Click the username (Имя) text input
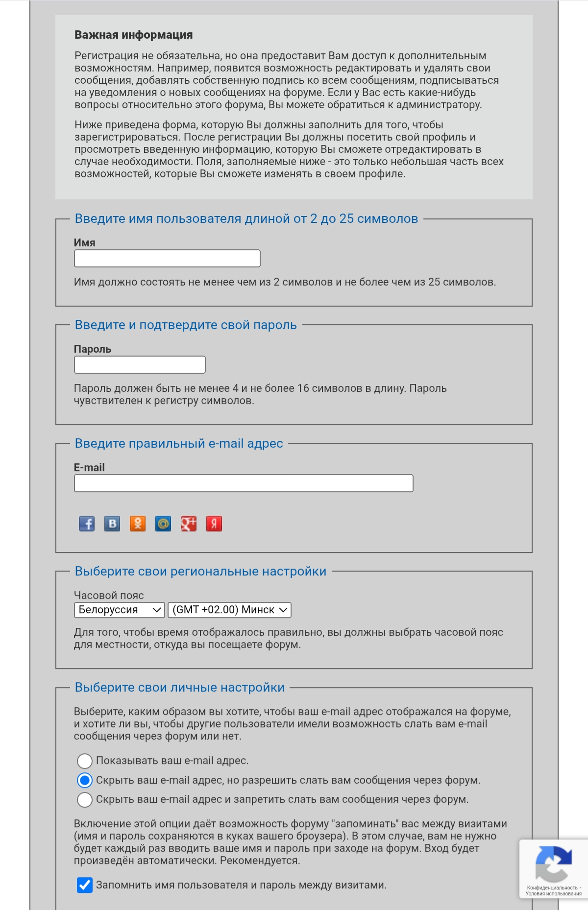(167, 259)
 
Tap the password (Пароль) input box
(140, 365)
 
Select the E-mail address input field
(244, 483)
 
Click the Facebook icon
(87, 524)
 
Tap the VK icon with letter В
(112, 524)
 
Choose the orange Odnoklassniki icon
(138, 524)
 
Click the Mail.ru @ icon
(163, 524)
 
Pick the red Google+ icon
(189, 524)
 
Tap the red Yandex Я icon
(214, 524)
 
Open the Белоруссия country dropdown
(119, 610)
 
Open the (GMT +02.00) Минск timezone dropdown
(229, 610)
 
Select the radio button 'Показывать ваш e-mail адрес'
(85, 761)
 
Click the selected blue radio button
(85, 780)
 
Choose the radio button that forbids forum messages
(85, 800)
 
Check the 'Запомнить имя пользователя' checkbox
(85, 885)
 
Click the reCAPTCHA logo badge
(553, 864)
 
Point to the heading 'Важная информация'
(133, 35)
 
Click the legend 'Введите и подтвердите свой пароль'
(186, 325)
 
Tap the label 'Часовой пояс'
(109, 596)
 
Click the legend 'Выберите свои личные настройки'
(179, 688)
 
